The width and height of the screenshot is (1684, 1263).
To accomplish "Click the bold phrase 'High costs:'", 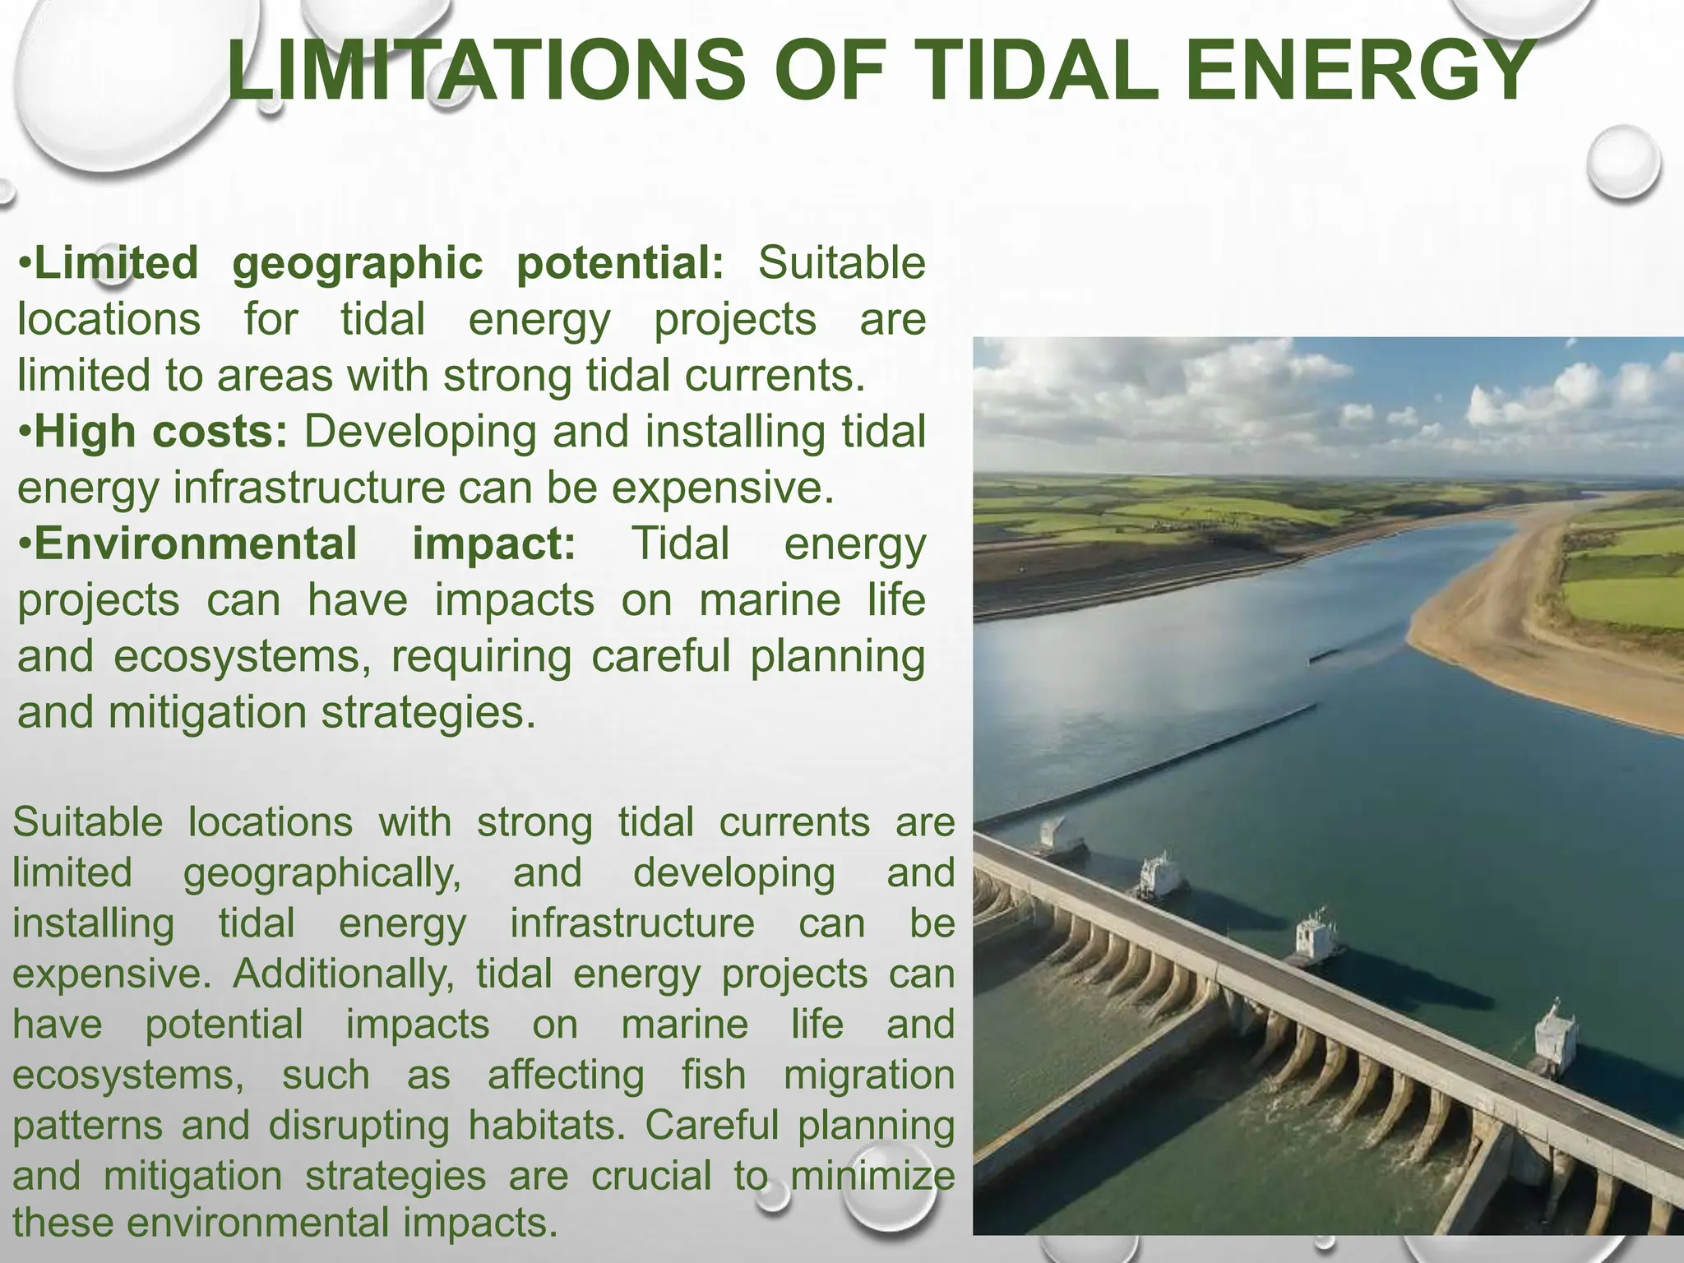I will (161, 432).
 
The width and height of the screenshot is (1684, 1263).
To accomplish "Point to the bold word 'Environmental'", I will (196, 544).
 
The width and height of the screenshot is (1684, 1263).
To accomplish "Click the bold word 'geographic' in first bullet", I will (358, 264).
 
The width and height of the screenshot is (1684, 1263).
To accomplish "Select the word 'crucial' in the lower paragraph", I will (650, 1176).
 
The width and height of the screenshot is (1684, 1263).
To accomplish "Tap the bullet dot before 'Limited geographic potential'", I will (25, 264).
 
